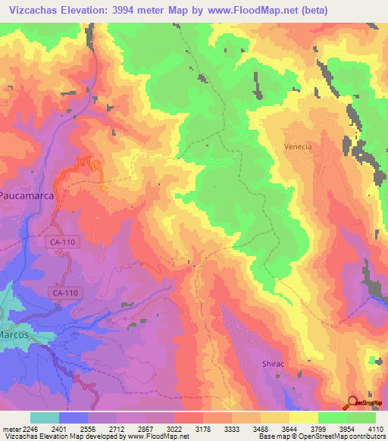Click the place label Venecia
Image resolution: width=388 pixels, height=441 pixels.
[298, 146]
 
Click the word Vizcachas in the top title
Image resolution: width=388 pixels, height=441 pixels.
[33, 10]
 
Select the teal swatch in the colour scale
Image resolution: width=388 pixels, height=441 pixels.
[45, 418]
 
